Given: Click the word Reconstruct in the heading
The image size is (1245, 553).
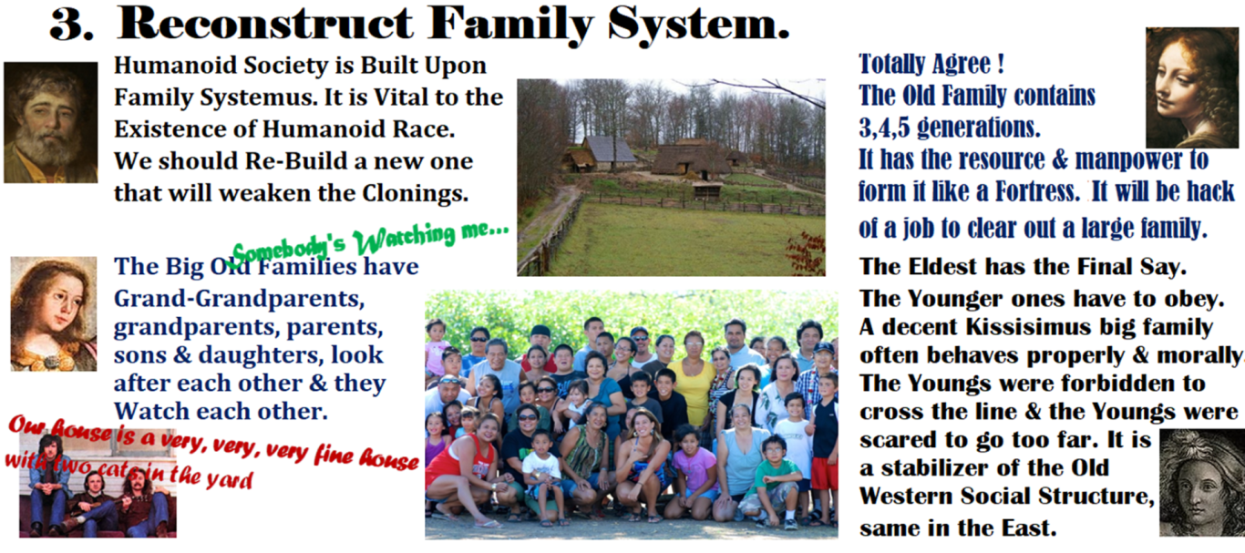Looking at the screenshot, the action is pos(265,24).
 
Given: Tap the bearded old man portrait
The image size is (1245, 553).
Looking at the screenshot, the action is pos(50,122).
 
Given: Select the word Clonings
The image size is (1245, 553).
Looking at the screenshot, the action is pos(416,193).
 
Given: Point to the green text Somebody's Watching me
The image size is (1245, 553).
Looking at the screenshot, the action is pos(370,241).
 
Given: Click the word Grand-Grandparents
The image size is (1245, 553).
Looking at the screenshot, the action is pos(239,299).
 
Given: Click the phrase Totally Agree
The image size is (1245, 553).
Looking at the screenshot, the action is pos(931,64).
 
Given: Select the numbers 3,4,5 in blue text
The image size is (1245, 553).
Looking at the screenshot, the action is pos(884,128).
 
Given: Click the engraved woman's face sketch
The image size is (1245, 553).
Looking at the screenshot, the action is pos(1201,483).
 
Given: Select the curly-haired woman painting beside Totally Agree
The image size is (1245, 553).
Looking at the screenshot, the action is pos(1191,87).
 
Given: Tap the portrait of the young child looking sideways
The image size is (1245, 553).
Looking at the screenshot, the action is pos(54,313).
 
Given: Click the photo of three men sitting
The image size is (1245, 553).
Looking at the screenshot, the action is pos(98,484).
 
